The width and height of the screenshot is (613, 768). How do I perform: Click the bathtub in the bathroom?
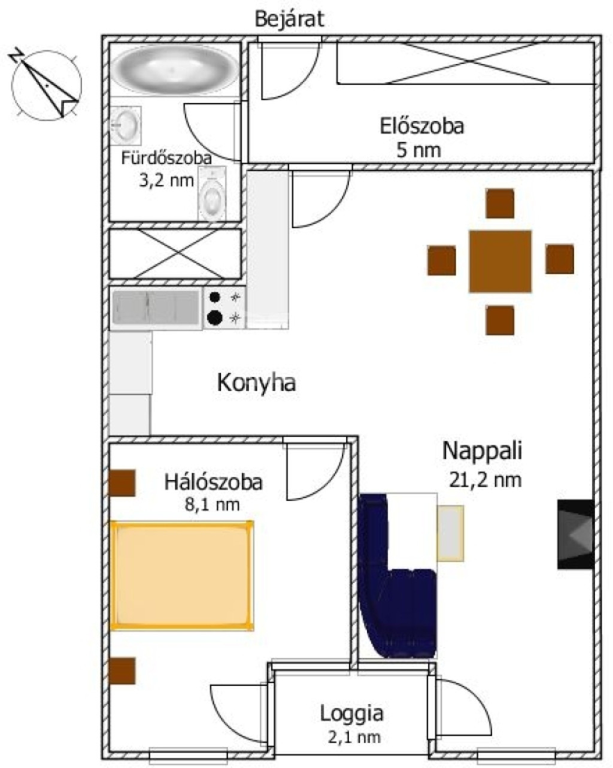(x=174, y=69)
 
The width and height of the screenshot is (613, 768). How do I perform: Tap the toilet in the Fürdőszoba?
(x=212, y=194)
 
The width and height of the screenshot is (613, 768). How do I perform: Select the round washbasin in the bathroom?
(x=126, y=125)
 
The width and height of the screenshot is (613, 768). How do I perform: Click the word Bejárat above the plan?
(x=289, y=19)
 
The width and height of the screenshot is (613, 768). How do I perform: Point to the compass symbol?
(x=46, y=84)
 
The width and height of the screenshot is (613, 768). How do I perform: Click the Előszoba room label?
(x=422, y=126)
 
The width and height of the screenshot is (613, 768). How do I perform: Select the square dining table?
(x=500, y=261)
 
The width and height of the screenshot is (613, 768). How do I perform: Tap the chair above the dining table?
(x=500, y=204)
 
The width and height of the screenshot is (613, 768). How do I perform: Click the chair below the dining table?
(x=500, y=320)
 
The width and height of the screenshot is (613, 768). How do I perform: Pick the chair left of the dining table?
(x=441, y=261)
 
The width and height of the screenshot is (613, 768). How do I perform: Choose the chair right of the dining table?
(x=560, y=260)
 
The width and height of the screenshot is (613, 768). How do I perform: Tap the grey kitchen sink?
(x=156, y=308)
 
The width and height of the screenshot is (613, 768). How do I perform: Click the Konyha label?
(x=256, y=383)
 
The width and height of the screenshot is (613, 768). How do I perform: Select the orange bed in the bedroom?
(x=181, y=575)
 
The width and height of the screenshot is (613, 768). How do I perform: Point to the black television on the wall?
(x=575, y=534)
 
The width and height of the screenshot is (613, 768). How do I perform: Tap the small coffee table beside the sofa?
(x=450, y=533)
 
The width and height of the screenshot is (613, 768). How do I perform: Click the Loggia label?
(x=351, y=713)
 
